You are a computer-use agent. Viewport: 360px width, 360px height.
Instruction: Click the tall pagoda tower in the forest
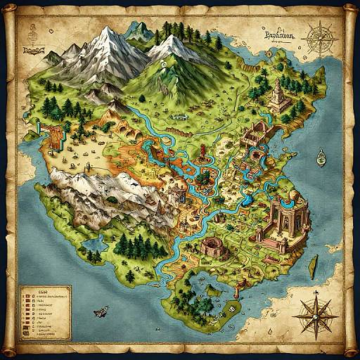click(276, 92)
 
